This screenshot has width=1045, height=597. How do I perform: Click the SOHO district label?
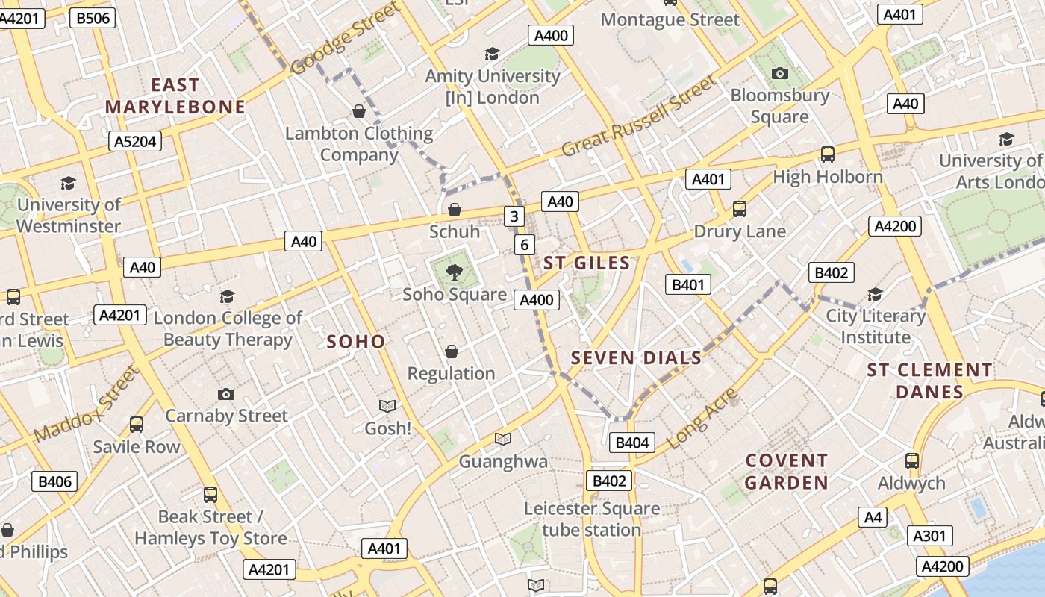tap(356, 342)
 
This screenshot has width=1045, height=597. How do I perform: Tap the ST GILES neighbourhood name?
tap(587, 263)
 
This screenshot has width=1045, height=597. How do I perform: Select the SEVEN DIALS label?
tap(636, 358)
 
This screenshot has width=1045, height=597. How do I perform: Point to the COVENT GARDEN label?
tap(787, 472)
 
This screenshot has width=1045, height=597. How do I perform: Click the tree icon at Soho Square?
tap(454, 272)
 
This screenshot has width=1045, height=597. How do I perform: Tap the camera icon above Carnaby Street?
tap(226, 394)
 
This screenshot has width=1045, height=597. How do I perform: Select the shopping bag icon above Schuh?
tap(454, 210)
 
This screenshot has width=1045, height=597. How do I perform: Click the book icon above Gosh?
tap(387, 406)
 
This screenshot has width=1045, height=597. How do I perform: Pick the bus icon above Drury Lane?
tap(739, 209)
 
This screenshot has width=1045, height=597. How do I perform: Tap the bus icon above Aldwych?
tap(911, 460)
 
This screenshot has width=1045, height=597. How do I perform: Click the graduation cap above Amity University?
tap(492, 54)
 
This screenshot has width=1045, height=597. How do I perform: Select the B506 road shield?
tap(93, 18)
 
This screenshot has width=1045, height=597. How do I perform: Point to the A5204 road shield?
tap(135, 141)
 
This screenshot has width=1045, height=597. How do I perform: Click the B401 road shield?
tap(687, 284)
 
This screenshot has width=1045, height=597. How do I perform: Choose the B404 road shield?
tap(631, 443)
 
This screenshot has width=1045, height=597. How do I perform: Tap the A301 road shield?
tap(929, 535)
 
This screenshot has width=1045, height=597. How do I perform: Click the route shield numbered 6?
tap(525, 244)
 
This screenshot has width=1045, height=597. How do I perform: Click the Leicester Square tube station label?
tap(592, 519)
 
